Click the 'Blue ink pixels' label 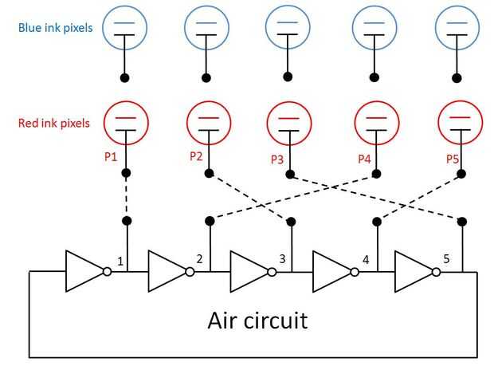pos(56,28)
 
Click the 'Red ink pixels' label pos(54,123)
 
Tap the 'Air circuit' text pos(257,321)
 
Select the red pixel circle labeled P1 pos(126,123)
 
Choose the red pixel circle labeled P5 pos(461,124)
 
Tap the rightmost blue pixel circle pos(457,28)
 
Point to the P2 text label pos(197,156)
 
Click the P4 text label pos(364,158)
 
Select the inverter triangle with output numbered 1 pos(84,271)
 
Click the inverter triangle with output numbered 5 pos(414,271)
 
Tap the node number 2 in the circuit pos(198,259)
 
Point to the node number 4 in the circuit pos(365,260)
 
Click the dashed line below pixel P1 pos(126,196)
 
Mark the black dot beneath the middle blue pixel pos(288,77)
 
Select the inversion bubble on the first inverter pos(108,271)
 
